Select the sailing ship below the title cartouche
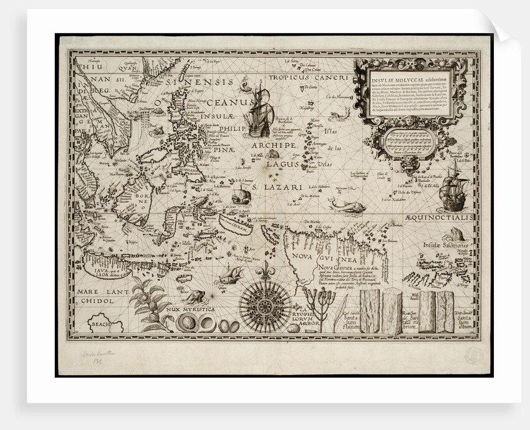(453, 190)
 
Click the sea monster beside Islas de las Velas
(340, 113)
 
